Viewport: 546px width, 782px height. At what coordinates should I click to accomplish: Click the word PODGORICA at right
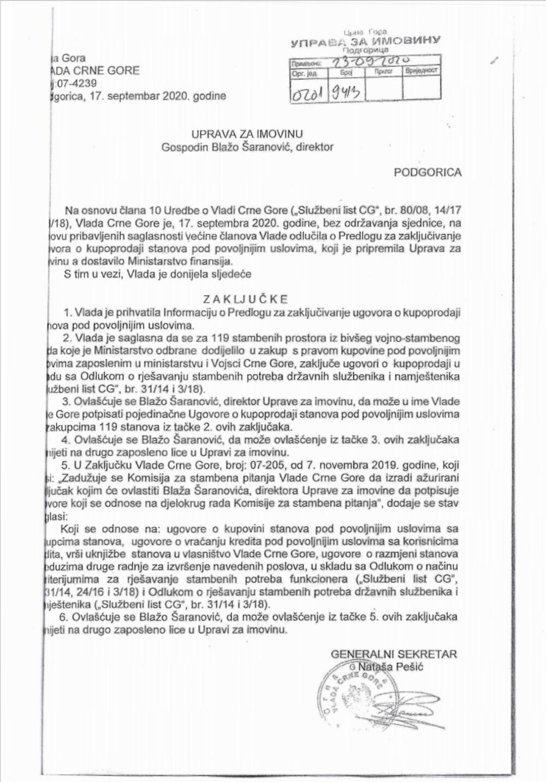click(x=428, y=172)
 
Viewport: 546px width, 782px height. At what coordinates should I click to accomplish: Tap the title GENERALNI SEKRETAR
click(x=394, y=654)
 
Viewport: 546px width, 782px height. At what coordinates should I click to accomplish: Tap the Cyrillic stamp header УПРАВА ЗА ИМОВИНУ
click(x=366, y=41)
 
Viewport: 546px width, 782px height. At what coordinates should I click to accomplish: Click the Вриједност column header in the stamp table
click(x=421, y=71)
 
